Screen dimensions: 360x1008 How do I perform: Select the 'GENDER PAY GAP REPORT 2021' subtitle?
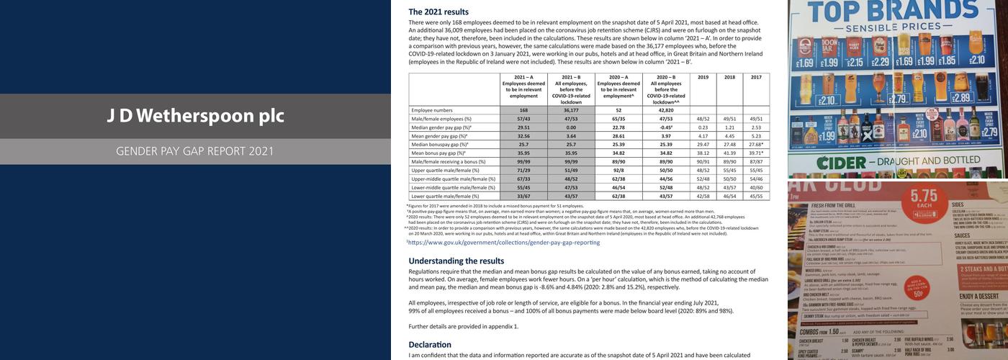point(195,151)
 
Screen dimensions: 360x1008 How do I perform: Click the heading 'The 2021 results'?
point(438,12)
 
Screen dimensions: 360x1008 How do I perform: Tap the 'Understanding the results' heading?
point(456,261)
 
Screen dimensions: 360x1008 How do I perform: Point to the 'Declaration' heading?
point(430,344)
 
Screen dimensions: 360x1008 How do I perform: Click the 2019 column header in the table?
point(703,77)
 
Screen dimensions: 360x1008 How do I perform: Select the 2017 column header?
point(756,77)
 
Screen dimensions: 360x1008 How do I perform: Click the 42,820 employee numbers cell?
point(666,110)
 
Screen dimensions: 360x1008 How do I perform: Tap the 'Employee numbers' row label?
point(432,110)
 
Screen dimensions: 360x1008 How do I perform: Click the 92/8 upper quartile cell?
point(618,170)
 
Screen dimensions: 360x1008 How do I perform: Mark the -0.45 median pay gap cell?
point(666,127)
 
